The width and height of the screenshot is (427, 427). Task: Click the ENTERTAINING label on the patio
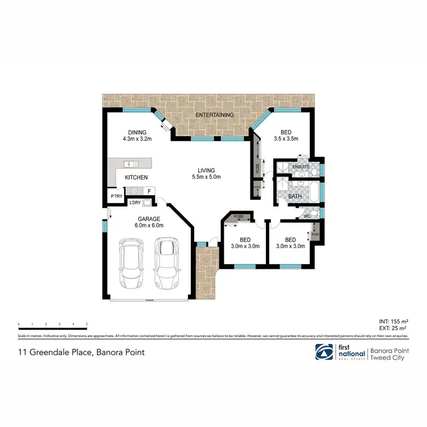click(x=215, y=115)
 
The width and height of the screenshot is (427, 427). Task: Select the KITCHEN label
click(x=137, y=177)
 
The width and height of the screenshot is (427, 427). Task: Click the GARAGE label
click(x=149, y=219)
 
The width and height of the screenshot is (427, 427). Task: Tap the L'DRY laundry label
click(x=135, y=203)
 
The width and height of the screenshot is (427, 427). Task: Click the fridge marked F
click(x=149, y=191)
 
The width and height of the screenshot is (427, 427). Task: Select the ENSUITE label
click(x=301, y=167)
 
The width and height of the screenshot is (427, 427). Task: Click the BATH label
click(x=295, y=197)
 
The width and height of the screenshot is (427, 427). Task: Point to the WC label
click(x=306, y=217)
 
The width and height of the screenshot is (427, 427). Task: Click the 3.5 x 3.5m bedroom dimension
click(x=286, y=138)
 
